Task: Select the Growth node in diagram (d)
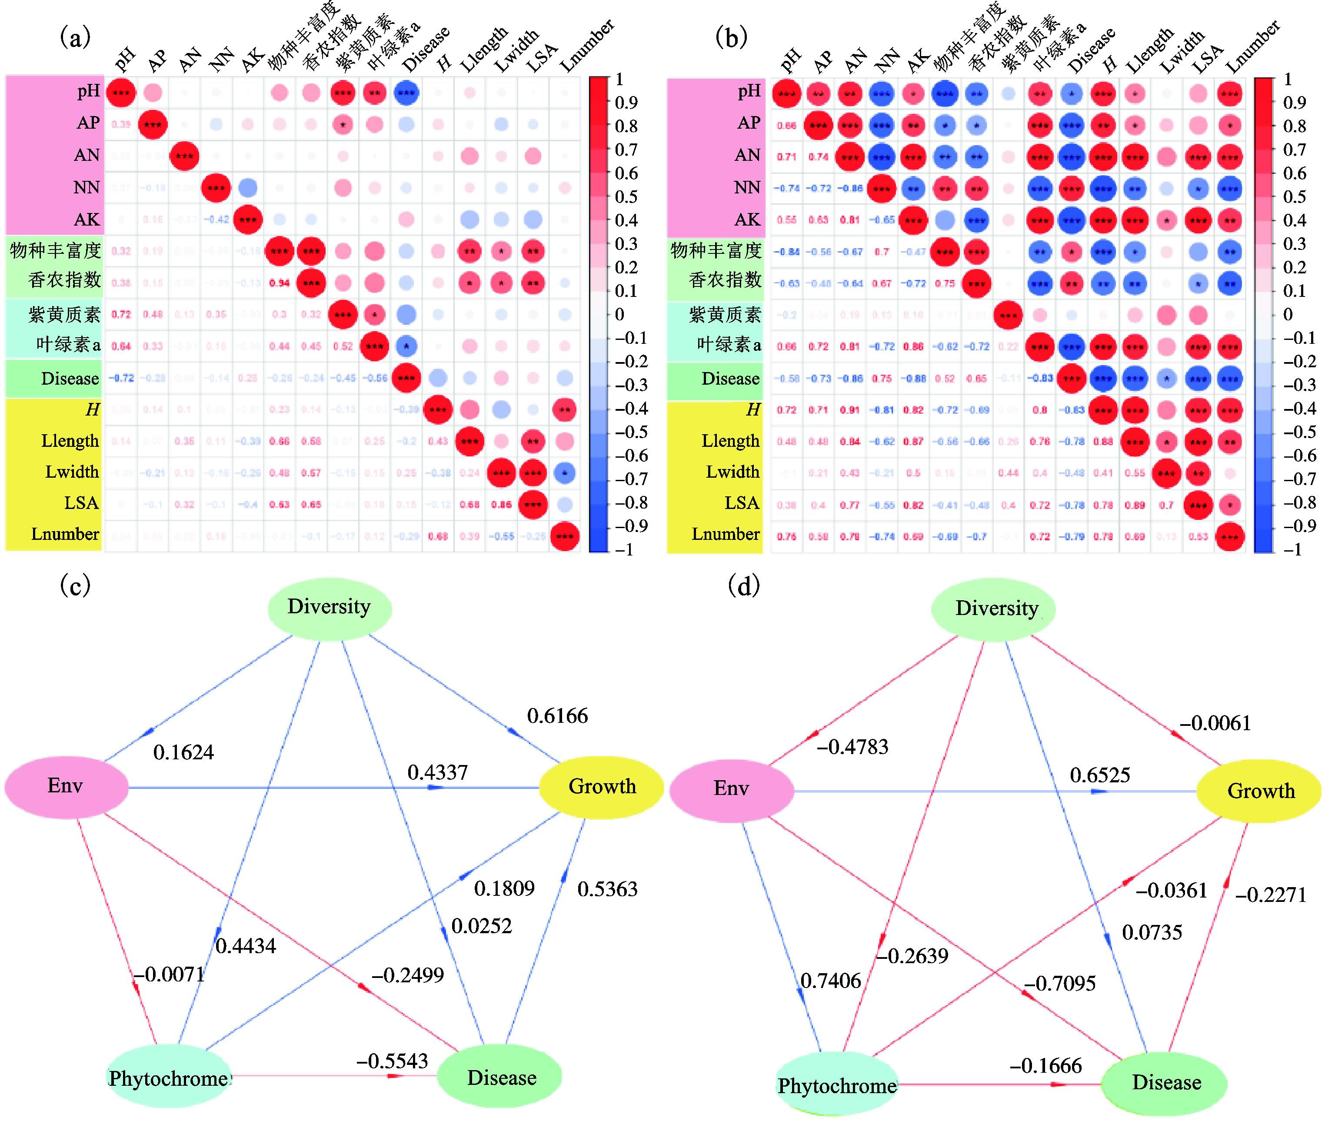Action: (x=1260, y=791)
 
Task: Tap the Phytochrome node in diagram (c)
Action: (x=169, y=1078)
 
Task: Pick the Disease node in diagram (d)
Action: (x=1166, y=1083)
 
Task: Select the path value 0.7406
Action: (x=830, y=981)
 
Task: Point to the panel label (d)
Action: (x=744, y=585)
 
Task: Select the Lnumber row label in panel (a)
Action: (x=66, y=534)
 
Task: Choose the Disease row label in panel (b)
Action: (x=730, y=379)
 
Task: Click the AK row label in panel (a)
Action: (x=87, y=220)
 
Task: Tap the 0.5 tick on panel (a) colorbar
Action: (x=626, y=197)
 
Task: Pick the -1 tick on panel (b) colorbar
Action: (x=1291, y=550)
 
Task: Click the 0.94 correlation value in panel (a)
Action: (x=280, y=283)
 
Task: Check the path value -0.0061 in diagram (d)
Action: (x=1214, y=723)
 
